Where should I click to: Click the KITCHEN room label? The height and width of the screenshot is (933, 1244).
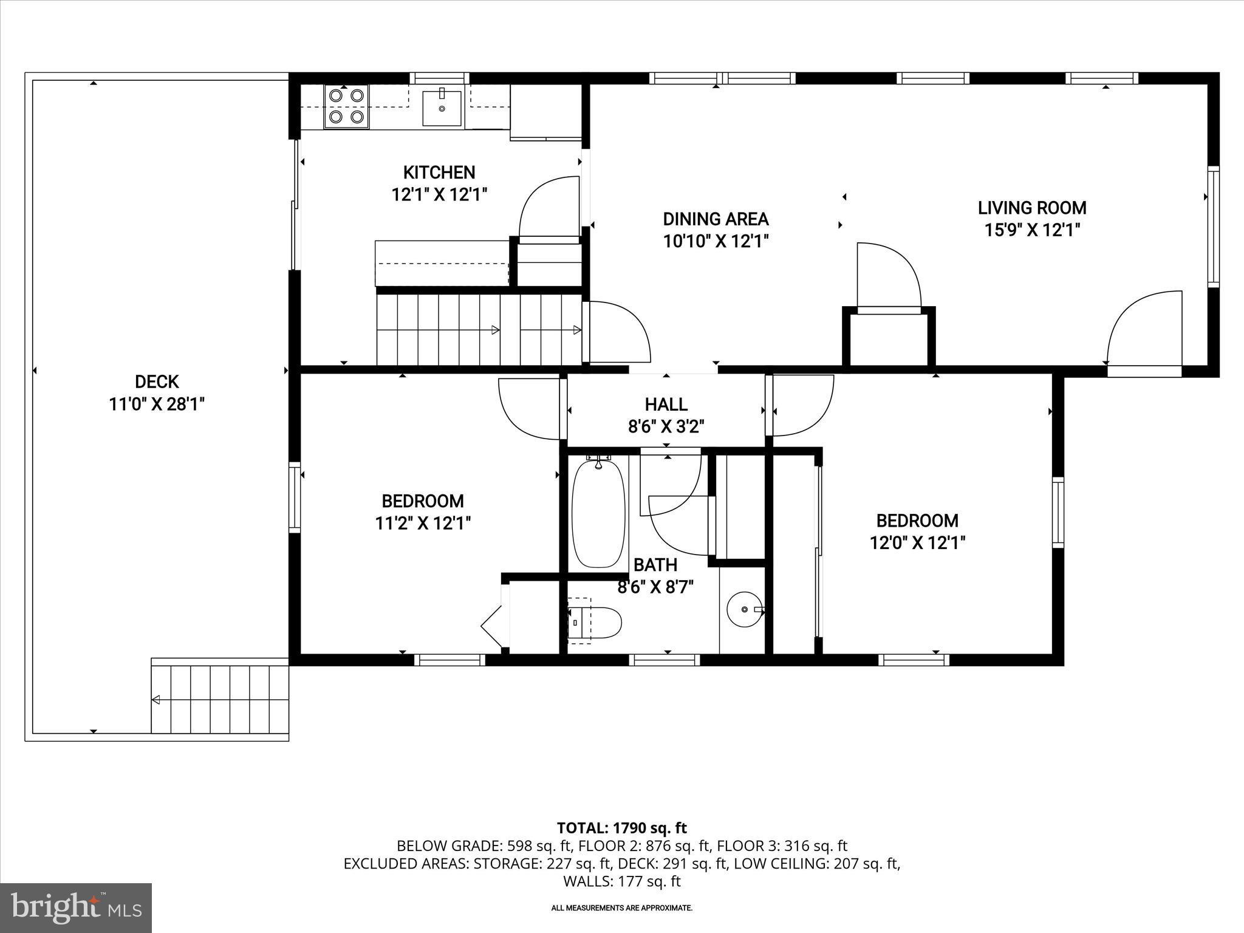coord(439,173)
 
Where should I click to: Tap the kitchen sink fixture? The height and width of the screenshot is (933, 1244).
coord(442,108)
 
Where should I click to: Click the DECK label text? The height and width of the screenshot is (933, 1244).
coord(157,381)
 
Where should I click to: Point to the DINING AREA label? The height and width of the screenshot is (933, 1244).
coord(716,219)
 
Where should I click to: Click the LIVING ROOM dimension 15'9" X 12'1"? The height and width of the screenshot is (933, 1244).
coord(1032,230)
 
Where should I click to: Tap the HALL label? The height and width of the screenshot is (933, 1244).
coord(666,404)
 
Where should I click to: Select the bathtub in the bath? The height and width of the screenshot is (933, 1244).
coord(599,513)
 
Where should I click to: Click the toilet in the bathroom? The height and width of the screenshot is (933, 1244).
coord(595,620)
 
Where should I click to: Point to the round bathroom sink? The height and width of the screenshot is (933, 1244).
coord(745,609)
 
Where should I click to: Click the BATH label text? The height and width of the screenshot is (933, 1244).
coord(655,565)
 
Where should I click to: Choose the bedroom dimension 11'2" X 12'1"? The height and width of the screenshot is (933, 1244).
coord(423,523)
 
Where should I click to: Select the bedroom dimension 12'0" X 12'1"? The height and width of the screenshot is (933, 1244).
coord(917,542)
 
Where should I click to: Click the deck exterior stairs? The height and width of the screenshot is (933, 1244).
coord(220,699)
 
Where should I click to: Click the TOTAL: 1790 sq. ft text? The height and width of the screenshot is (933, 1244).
coord(621,828)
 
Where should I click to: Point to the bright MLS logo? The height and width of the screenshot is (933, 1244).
coord(76,907)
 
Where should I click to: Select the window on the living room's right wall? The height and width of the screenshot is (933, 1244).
coord(1213,227)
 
